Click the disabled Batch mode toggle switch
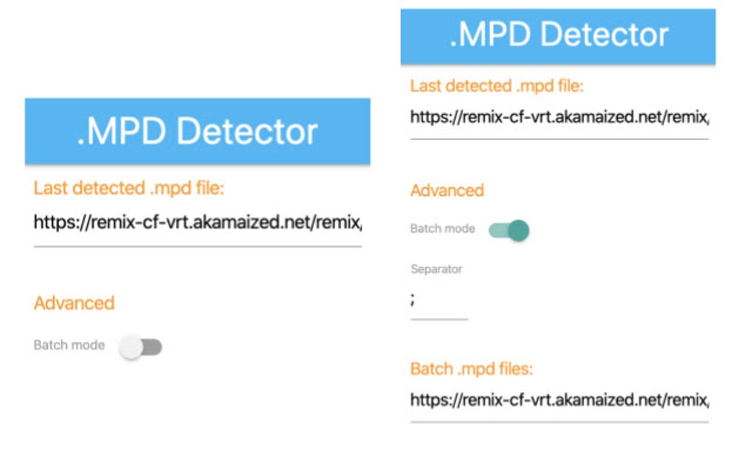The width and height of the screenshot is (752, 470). point(141,346)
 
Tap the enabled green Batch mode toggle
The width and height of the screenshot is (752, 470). point(509,230)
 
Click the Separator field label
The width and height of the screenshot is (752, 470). point(436,269)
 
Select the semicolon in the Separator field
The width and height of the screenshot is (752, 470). point(414,299)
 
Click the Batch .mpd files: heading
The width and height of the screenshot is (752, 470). point(471,368)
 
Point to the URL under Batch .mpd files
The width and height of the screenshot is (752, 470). point(559,401)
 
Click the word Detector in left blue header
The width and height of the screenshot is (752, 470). point(247,131)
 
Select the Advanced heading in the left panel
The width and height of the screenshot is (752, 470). point(74,303)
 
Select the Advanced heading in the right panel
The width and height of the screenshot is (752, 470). point(447,190)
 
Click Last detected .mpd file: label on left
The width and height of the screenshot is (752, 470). point(128,188)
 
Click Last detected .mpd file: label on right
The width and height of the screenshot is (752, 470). point(496,85)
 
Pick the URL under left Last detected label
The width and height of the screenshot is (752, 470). point(198,222)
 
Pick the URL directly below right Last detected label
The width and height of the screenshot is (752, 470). point(559,116)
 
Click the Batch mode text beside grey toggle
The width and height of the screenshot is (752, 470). point(69,345)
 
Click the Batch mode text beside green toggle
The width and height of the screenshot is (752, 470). point(442,228)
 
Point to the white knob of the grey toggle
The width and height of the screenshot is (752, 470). point(130,346)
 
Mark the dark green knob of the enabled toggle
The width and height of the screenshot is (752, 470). point(519,230)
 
